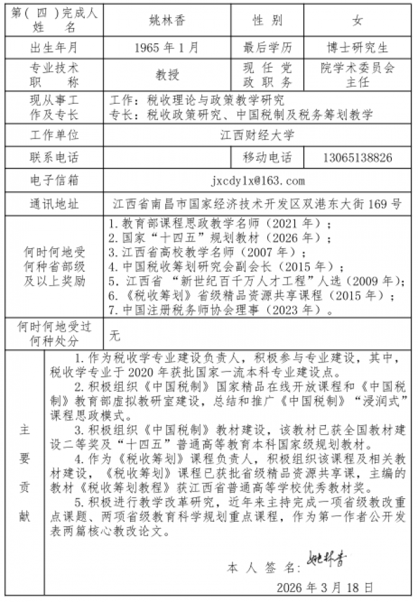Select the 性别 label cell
268,20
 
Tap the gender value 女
358,20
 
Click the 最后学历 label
268,48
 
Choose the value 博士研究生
358,48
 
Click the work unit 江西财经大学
257,135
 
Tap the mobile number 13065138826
358,158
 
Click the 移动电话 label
268,158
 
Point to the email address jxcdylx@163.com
257,180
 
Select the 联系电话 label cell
54,158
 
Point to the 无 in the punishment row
115,336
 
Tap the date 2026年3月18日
325,586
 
